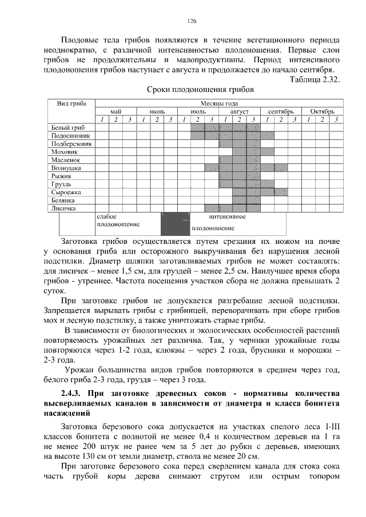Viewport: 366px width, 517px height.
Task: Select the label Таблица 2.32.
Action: (315, 79)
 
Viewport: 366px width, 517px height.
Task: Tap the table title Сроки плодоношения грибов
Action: (200, 90)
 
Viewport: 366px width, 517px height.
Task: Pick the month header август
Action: (240, 111)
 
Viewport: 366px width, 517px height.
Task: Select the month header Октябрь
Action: (322, 111)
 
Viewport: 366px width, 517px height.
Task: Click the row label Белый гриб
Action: (65, 127)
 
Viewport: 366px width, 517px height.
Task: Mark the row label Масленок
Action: (64, 161)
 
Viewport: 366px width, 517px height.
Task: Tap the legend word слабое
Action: (107, 217)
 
